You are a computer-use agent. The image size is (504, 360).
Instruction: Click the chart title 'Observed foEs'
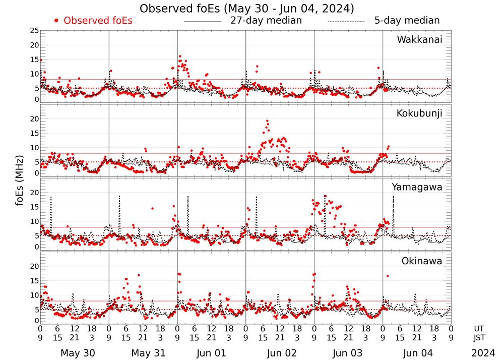pos(246,9)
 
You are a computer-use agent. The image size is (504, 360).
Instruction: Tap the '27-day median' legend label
pos(266,21)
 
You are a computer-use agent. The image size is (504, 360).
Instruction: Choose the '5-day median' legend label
pos(407,21)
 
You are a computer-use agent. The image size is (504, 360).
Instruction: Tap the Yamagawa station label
pos(417,187)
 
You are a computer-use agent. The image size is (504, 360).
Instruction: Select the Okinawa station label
pos(422,261)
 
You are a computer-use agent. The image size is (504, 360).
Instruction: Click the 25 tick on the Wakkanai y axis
pos(34,31)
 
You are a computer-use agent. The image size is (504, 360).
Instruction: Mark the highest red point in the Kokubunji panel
pos(267,121)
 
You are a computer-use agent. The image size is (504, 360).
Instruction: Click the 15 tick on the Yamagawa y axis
pos(34,207)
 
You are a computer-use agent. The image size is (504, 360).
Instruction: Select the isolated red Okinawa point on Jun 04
pos(387,276)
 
